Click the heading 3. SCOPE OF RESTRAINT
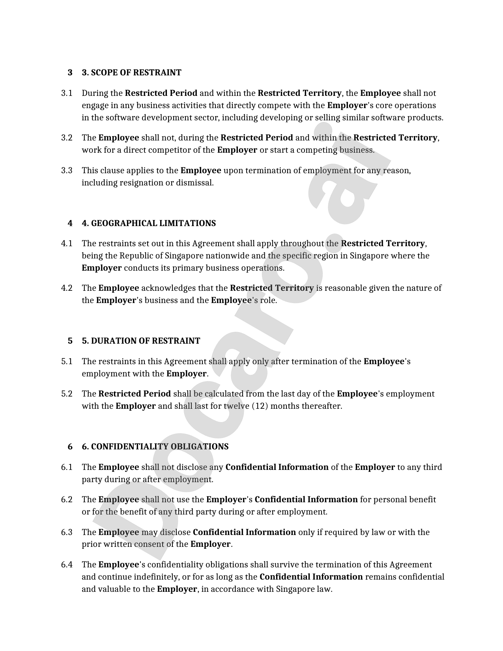pos(131,73)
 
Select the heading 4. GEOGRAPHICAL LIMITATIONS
pos(149,223)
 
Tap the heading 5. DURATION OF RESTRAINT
pos(141,341)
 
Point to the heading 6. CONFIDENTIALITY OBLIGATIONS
pos(155,447)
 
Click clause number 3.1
pos(67,94)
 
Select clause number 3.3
pos(67,171)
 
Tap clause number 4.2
pos(67,288)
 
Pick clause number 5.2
pos(67,394)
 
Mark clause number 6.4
pos(67,565)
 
